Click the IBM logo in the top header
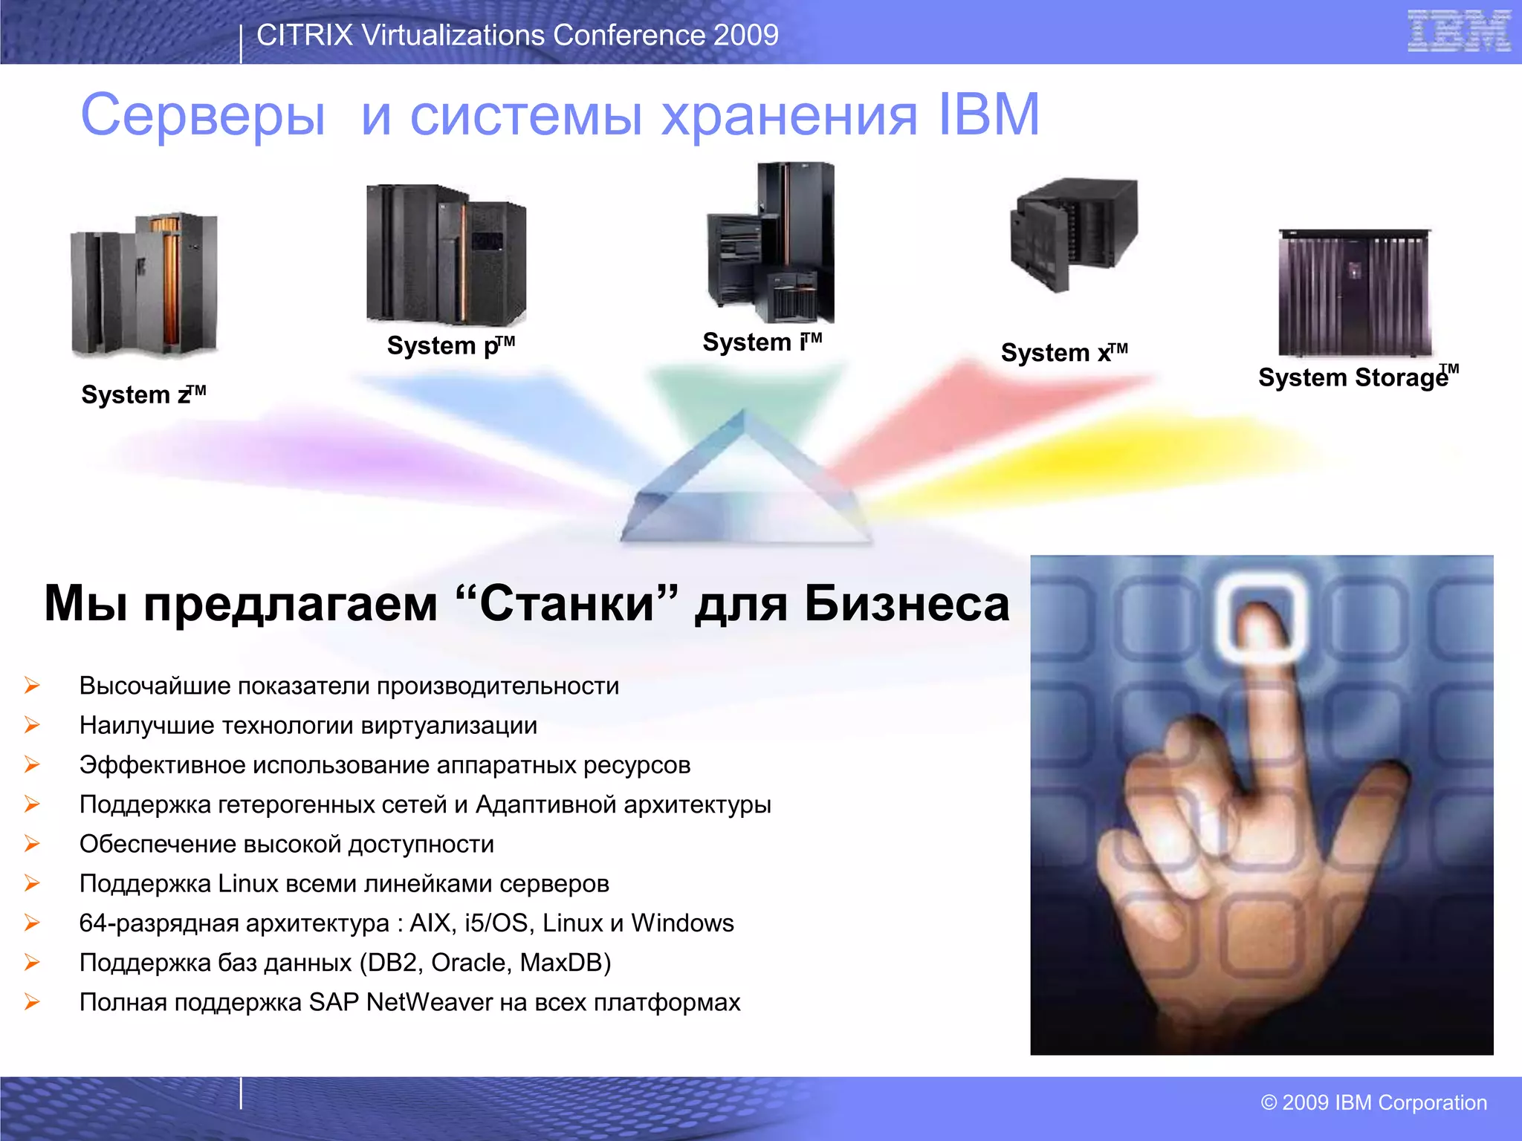pyautogui.click(x=1459, y=31)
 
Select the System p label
pyautogui.click(x=450, y=346)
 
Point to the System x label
pyautogui.click(x=1063, y=353)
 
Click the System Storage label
pyautogui.click(x=1357, y=377)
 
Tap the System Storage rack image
pyautogui.click(x=1355, y=293)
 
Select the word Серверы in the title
pyautogui.click(x=203, y=116)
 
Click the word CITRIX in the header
pyautogui.click(x=304, y=35)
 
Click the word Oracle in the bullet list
pyautogui.click(x=472, y=963)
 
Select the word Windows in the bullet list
pyautogui.click(x=682, y=923)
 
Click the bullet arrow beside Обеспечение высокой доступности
pyautogui.click(x=32, y=844)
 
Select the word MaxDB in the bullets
pyautogui.click(x=565, y=963)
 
